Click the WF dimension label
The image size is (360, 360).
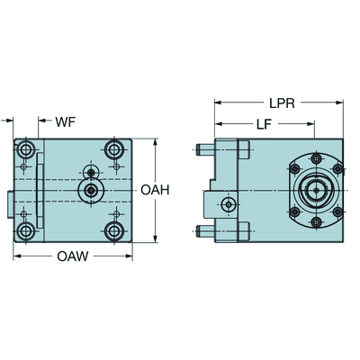click(x=66, y=122)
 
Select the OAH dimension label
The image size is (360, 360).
click(x=155, y=190)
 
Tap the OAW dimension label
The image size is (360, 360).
click(x=73, y=256)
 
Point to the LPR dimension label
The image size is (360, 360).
click(x=282, y=103)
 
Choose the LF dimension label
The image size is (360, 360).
click(x=264, y=124)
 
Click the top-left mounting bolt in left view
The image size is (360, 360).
click(x=25, y=148)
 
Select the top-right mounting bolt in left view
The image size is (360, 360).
click(x=114, y=148)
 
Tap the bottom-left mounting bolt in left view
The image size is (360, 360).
click(x=25, y=231)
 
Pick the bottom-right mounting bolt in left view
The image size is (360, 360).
click(x=114, y=231)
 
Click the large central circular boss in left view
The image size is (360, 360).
click(x=91, y=190)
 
